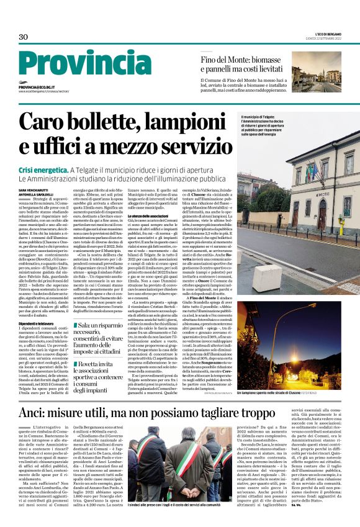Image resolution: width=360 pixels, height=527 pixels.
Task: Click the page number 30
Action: [24, 37]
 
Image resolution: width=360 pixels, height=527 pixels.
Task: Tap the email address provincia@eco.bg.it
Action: [44, 88]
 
